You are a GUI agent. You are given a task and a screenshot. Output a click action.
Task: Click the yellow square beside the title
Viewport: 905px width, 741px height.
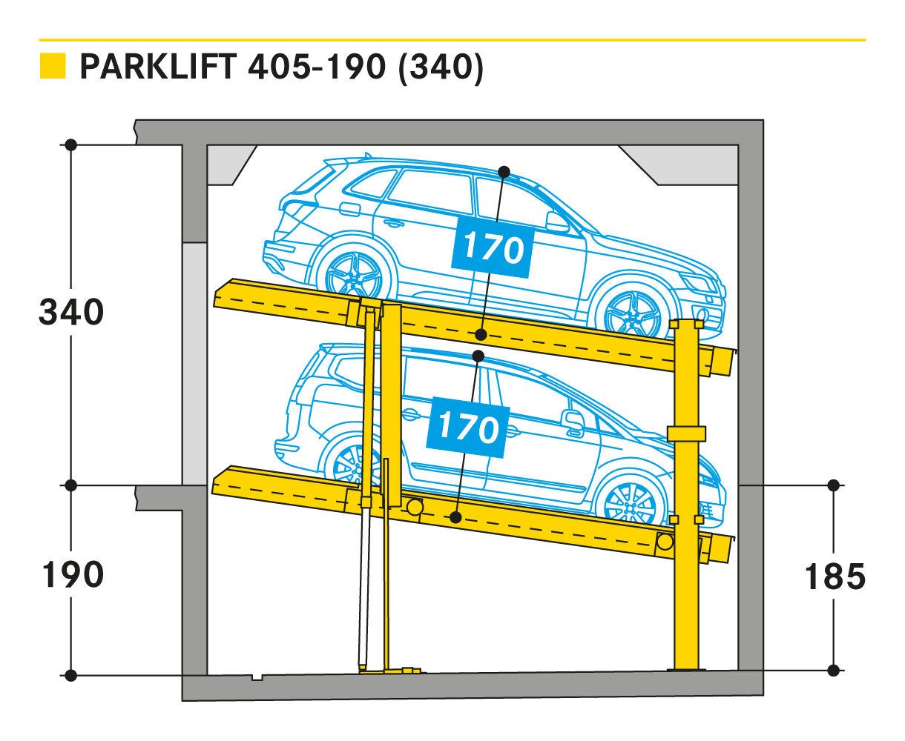(x=53, y=65)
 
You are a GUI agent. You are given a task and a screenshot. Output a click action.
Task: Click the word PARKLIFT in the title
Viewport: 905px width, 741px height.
(x=158, y=67)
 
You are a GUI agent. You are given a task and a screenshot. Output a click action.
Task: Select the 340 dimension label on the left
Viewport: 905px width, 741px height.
(x=71, y=312)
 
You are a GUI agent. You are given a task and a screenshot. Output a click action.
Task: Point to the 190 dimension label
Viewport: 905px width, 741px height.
(x=73, y=574)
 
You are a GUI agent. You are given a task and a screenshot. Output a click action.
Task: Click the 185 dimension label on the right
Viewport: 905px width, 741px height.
(x=835, y=576)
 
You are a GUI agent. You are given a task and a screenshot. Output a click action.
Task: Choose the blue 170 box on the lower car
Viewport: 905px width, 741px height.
(x=468, y=428)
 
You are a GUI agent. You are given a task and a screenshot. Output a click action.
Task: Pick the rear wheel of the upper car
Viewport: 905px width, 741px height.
(x=354, y=276)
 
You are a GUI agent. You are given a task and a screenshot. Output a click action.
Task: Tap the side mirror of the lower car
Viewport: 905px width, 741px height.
(x=573, y=420)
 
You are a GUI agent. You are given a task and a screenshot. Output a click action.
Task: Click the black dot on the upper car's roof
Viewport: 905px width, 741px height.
(x=504, y=173)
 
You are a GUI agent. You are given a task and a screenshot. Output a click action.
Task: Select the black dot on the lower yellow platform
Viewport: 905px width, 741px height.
(x=455, y=517)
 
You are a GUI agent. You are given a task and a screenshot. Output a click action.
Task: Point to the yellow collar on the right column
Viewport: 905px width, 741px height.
(x=687, y=433)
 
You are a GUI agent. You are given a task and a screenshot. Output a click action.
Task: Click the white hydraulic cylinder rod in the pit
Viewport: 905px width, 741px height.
(x=364, y=586)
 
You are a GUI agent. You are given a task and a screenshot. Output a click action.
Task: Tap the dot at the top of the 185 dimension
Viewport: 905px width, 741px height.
(x=833, y=485)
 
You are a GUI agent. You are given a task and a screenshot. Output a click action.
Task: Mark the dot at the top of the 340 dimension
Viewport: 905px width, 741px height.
(x=70, y=144)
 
